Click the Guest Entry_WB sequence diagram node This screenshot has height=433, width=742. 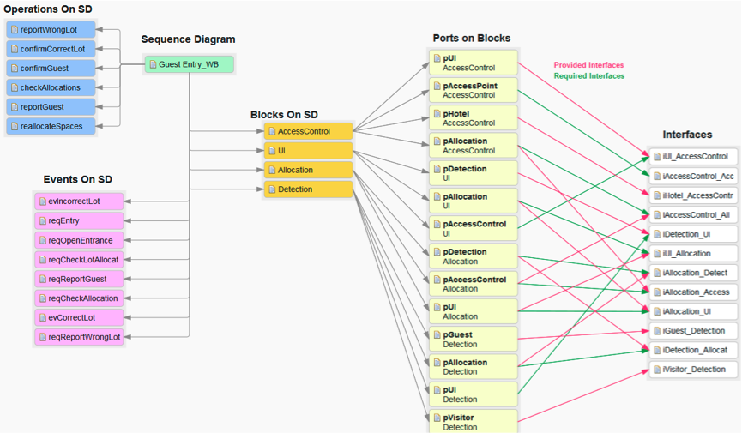click(x=189, y=64)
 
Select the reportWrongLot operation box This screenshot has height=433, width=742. click(x=51, y=29)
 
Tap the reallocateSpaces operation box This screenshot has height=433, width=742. click(x=51, y=126)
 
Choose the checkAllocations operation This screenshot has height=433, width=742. click(x=51, y=87)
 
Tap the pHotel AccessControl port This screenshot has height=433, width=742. click(x=474, y=118)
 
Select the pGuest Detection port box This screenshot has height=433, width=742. click(x=474, y=340)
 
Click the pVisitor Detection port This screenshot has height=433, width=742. click(x=474, y=422)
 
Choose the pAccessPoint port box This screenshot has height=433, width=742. click(x=474, y=91)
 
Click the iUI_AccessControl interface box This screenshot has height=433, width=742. click(x=694, y=157)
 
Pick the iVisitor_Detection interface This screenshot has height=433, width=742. click(x=694, y=370)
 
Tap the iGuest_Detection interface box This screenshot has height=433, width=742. click(x=694, y=331)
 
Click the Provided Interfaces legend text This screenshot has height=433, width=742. click(x=588, y=65)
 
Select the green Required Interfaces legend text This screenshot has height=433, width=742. click(x=588, y=76)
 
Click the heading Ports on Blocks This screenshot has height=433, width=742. click(x=471, y=39)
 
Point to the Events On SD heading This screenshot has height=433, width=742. click(x=78, y=180)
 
